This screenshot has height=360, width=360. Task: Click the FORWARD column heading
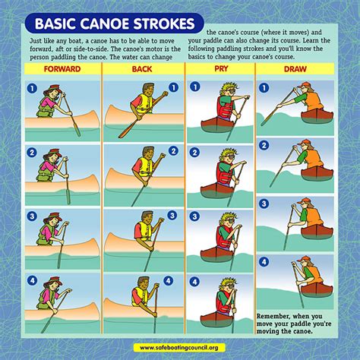62,69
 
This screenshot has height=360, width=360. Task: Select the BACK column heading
142,69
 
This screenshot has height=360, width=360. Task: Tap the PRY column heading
221,68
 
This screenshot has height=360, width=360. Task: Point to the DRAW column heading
295,69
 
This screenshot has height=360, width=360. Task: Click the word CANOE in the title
106,24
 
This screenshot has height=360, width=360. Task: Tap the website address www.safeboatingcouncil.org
179,348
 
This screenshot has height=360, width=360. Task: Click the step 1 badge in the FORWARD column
32,88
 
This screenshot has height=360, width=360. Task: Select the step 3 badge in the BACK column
172,216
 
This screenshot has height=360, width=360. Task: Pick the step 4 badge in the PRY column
194,282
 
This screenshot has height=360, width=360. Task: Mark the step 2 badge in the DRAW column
264,145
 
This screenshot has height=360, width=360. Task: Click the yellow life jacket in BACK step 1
144,103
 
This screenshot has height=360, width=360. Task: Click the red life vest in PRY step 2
225,174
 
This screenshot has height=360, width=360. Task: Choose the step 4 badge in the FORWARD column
32,280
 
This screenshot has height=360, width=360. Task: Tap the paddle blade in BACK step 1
127,131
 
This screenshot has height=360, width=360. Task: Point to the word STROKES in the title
164,24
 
